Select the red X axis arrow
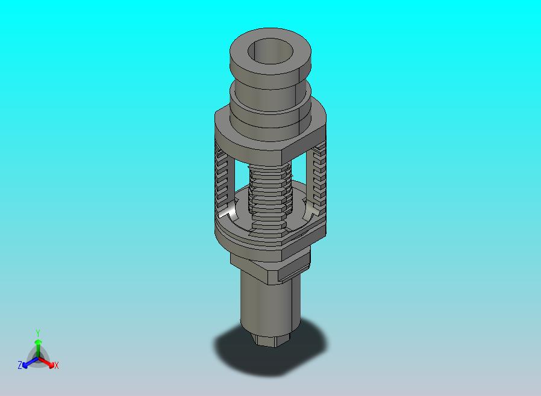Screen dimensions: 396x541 coord(51,363)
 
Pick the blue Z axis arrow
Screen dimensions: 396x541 coord(26,363)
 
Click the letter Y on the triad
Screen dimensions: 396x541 coord(38,333)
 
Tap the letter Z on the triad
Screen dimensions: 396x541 coord(20,365)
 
